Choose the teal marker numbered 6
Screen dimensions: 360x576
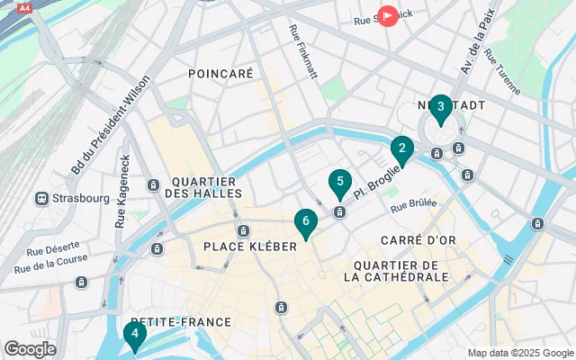click(306, 221)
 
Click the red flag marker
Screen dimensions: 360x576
click(387, 15)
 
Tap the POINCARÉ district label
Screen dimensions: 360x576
click(220, 74)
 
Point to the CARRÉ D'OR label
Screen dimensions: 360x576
click(414, 240)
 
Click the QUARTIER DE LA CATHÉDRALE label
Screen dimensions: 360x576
click(396, 271)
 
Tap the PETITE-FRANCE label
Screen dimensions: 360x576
click(180, 321)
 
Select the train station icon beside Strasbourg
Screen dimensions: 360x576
click(41, 198)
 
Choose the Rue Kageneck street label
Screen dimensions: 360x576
click(121, 191)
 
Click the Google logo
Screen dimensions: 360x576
click(30, 348)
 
